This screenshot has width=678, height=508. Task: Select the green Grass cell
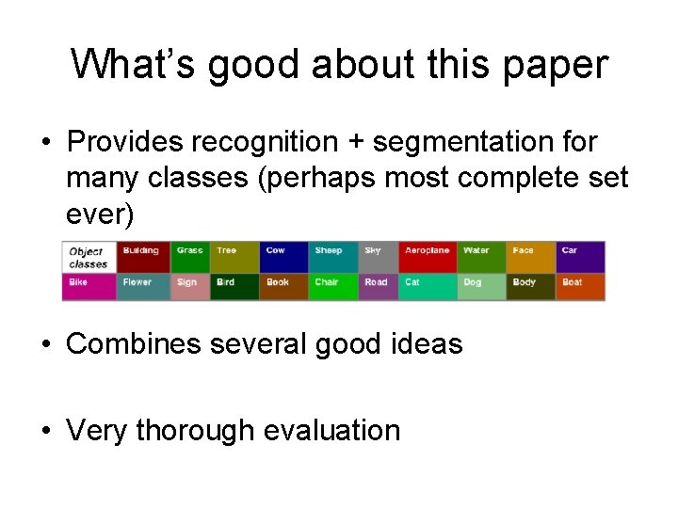tap(191, 257)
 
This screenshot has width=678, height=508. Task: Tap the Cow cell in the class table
tap(284, 257)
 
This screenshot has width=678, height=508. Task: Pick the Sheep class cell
tap(334, 257)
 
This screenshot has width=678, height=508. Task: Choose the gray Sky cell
tap(379, 257)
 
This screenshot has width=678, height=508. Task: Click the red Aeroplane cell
tap(428, 257)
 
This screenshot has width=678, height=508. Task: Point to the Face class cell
tap(532, 257)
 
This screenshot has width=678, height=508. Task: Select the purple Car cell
tap(581, 257)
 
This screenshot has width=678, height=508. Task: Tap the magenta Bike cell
tap(89, 286)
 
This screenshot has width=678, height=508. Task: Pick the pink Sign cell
tap(191, 286)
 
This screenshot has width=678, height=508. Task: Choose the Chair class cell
tap(334, 286)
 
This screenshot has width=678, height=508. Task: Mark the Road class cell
tap(379, 286)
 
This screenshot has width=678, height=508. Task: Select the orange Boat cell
tap(581, 286)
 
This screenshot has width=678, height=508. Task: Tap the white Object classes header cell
tap(89, 257)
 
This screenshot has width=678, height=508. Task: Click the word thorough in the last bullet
tap(195, 430)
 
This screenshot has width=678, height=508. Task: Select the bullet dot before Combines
tap(45, 344)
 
